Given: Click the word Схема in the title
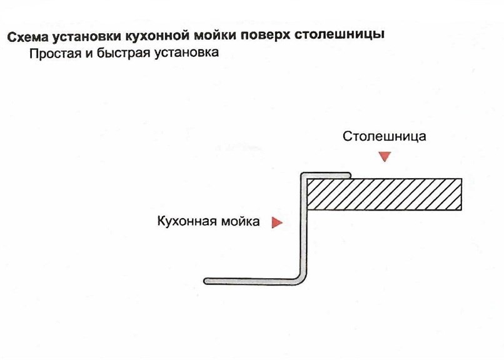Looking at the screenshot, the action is click(x=27, y=37).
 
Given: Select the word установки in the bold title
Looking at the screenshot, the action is click(x=86, y=37).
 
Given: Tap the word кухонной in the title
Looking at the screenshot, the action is click(x=157, y=36).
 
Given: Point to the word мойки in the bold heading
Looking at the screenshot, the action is click(x=215, y=36).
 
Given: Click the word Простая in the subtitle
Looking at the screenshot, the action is click(x=55, y=53).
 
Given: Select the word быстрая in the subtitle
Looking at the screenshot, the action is click(x=123, y=53).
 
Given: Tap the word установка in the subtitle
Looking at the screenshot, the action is click(x=186, y=52).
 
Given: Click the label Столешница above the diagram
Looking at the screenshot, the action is click(x=384, y=136).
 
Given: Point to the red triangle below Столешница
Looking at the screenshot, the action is click(x=385, y=156).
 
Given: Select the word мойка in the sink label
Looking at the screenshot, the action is click(x=241, y=221).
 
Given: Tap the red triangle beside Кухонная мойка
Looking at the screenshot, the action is click(x=277, y=222).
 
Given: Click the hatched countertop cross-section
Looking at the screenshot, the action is click(x=385, y=194).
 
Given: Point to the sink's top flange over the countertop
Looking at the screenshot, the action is click(x=326, y=176).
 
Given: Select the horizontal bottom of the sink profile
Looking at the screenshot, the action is click(x=251, y=281).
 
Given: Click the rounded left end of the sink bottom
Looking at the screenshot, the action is click(x=206, y=281).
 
